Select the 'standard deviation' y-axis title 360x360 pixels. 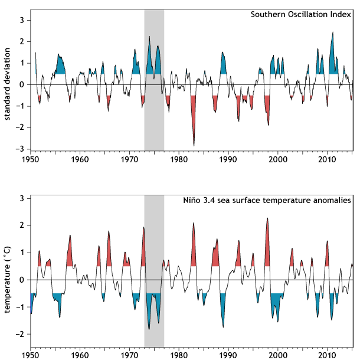(x=8, y=84)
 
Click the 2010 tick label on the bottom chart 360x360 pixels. (x=326, y=356)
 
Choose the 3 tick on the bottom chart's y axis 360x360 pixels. (x=21, y=198)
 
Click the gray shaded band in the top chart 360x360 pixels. (x=154, y=118)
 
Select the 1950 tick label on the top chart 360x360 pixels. (x=30, y=159)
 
